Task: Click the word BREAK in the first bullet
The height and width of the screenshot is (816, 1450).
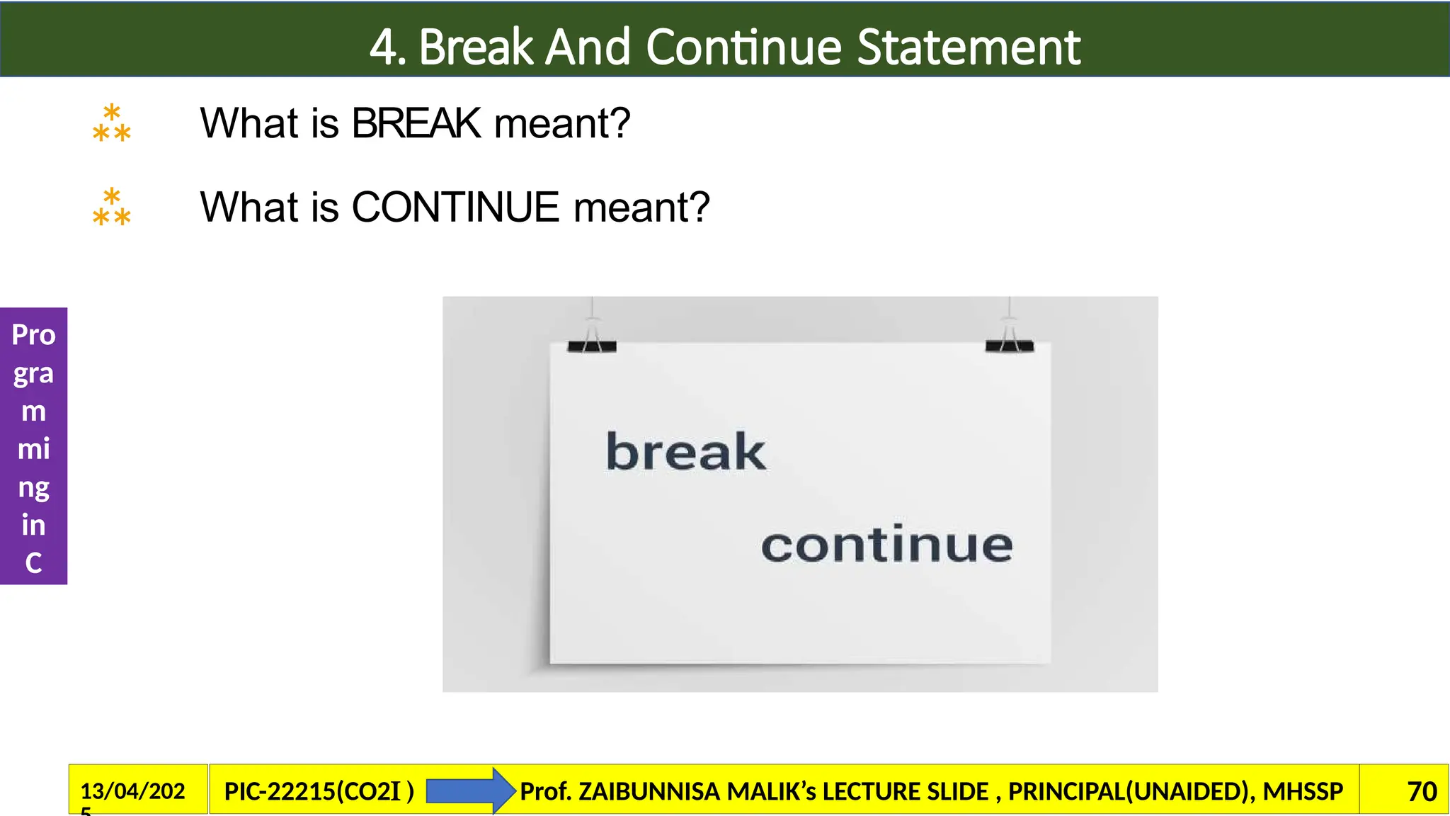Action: point(416,123)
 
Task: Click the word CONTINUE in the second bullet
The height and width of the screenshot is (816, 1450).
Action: point(455,208)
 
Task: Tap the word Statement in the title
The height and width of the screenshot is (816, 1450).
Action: point(969,47)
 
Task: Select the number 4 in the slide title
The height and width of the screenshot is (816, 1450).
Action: point(383,47)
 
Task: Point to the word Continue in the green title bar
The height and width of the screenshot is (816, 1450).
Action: point(743,47)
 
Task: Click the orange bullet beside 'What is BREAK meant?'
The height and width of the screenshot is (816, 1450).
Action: point(112,123)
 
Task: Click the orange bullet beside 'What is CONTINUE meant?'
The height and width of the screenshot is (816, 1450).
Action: point(112,208)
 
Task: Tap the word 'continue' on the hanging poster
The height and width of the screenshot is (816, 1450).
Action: point(886,545)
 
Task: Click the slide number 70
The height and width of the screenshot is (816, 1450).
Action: point(1422,791)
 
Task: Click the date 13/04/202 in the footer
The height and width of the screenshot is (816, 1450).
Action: point(132,791)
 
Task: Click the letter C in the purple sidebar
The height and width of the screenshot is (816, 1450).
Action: point(33,563)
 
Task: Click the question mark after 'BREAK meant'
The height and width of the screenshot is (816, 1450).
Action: point(620,123)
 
